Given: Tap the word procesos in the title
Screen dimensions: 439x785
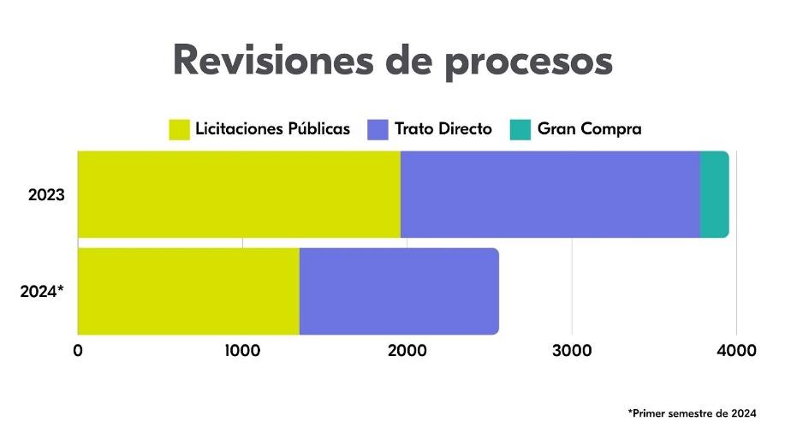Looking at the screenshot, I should pos(532,62).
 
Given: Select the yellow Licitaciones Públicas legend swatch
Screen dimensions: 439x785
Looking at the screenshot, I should pos(178,129).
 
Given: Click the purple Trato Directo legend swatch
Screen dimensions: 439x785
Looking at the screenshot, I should pos(378,129).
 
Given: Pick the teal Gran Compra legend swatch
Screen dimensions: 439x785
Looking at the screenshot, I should pos(520,129).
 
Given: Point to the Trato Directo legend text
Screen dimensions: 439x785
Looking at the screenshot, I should pos(443,129).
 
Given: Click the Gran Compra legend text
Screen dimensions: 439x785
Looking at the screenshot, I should pos(589,129).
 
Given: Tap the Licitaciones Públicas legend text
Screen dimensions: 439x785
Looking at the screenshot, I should pos(272,129).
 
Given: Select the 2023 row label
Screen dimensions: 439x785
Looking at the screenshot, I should pos(46,195).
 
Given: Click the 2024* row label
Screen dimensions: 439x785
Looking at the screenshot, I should pos(42,291).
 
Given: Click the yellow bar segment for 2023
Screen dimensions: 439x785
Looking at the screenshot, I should pos(239,194).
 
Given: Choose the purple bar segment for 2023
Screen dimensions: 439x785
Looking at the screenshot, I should pos(550,194).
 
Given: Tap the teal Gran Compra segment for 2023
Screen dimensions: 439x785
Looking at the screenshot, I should pos(714,194).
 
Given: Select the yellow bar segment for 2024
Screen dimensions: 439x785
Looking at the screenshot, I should pos(188,291).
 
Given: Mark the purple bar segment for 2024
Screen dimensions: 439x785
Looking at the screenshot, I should pos(398,291).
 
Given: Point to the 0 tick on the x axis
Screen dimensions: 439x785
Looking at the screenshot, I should pos(78,350).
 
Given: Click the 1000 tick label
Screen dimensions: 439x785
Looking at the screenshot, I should pos(242,350).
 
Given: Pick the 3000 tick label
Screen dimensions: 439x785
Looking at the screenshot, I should pos(572,350).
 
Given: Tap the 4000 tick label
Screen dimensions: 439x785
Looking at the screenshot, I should pos(736,350).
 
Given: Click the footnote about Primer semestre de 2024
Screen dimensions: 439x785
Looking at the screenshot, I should pos(692,413).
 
